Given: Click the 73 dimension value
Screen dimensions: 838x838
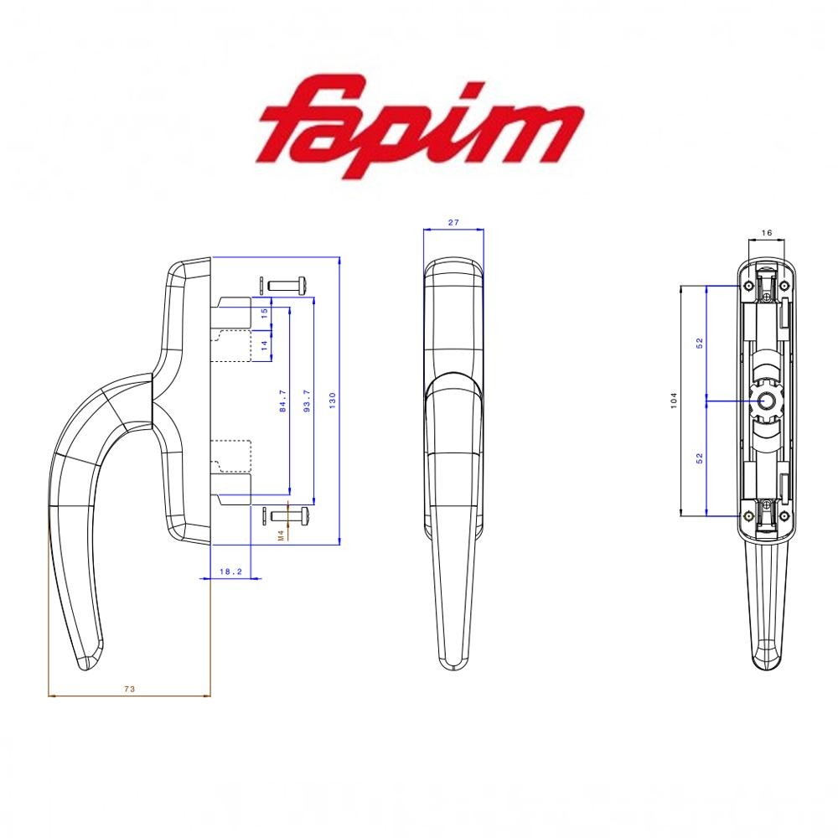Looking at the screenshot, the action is coord(129,689).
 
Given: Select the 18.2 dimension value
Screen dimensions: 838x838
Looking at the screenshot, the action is coord(230,572).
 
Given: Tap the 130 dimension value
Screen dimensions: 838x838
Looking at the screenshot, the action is coord(332,400).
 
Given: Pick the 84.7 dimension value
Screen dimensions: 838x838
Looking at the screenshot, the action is coord(282,401).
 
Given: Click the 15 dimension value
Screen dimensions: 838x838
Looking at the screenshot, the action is coord(264,313).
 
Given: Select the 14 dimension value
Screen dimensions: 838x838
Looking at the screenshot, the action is coord(264,346).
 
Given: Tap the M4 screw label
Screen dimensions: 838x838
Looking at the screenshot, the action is coord(281,536).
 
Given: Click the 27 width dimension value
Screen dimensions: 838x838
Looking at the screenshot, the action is coord(453,222).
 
